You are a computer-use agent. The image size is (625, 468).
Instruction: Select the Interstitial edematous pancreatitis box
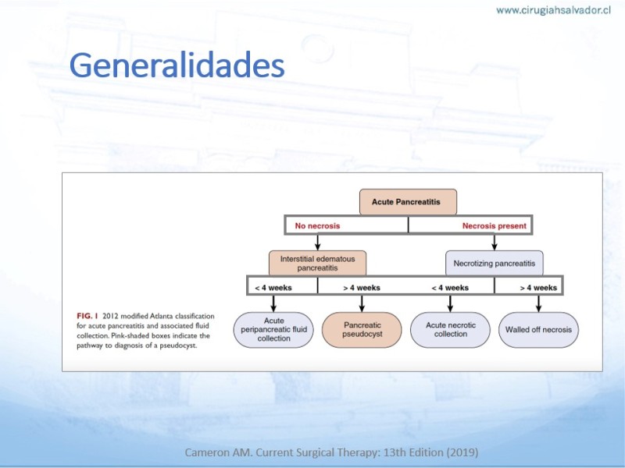(x=317, y=263)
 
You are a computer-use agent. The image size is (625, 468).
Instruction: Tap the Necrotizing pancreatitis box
(x=495, y=263)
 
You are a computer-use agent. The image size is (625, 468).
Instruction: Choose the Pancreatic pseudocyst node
(x=362, y=329)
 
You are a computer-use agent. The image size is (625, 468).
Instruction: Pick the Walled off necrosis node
(x=538, y=329)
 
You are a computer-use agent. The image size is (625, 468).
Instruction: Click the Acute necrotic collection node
(x=451, y=329)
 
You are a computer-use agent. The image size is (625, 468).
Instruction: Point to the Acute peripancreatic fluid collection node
(x=273, y=329)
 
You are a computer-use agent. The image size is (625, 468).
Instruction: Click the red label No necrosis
(x=317, y=226)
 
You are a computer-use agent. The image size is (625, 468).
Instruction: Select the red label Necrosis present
(x=495, y=226)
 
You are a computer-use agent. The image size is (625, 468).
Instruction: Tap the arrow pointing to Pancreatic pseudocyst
(x=362, y=303)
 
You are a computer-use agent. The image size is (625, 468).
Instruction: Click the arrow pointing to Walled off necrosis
(x=538, y=303)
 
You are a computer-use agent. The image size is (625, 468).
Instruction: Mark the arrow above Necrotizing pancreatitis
(x=495, y=242)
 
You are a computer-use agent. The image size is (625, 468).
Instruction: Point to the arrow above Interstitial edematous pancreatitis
(x=317, y=242)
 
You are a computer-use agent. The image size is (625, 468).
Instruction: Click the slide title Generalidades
(x=177, y=65)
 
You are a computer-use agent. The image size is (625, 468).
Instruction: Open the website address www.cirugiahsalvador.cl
(x=553, y=10)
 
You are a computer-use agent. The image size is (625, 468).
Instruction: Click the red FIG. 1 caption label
(x=87, y=316)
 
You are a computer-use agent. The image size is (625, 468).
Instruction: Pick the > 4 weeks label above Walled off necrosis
(x=538, y=288)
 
